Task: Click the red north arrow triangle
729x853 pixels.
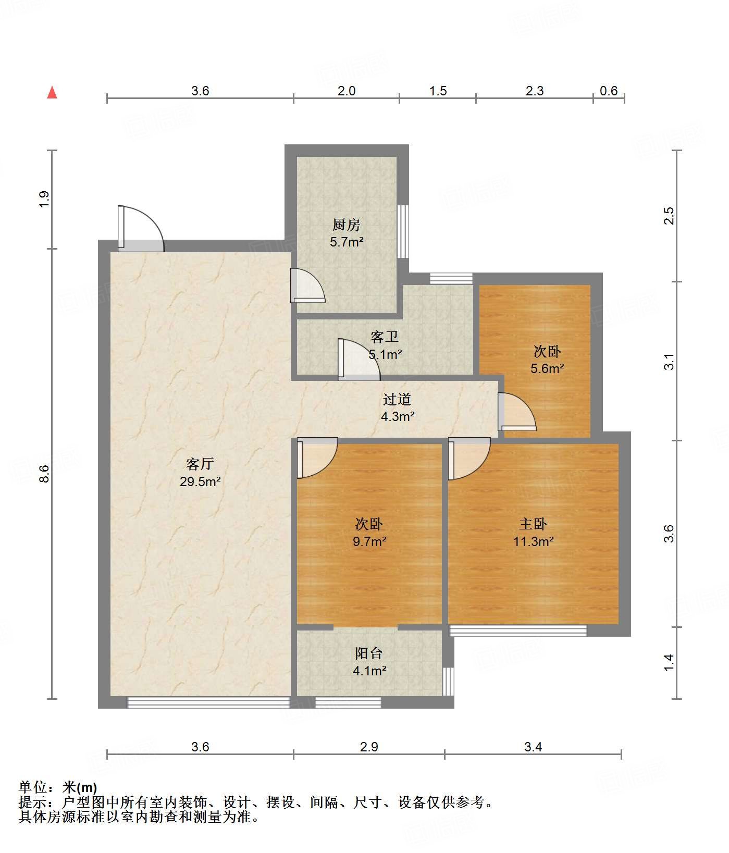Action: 52,92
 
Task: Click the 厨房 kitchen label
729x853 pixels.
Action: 347,225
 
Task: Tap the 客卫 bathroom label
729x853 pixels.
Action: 385,337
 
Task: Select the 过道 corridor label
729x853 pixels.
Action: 397,399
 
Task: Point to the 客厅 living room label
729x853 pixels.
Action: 200,464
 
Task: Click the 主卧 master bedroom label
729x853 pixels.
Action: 533,524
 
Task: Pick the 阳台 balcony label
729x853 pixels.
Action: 369,653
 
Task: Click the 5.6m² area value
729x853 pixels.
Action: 548,369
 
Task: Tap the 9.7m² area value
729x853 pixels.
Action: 369,541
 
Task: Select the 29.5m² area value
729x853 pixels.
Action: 201,481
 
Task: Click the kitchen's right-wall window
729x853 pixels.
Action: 403,231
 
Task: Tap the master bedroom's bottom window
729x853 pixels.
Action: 518,631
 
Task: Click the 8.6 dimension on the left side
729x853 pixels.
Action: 44,473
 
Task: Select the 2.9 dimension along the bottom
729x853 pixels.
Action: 369,747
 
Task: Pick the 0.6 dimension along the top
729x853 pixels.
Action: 609,91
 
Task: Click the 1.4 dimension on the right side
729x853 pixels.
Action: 669,662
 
